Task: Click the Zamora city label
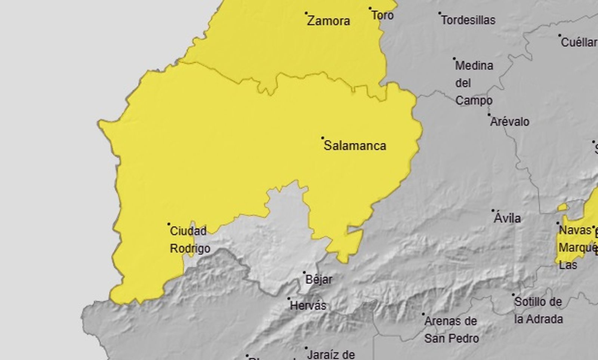tap(329, 21)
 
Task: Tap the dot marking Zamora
tap(306, 13)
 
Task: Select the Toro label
tap(382, 15)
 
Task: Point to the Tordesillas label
tap(468, 20)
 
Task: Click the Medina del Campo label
tap(474, 83)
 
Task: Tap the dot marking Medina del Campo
tap(454, 59)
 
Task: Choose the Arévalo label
tap(510, 121)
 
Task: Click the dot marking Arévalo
tap(489, 115)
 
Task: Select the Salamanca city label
tap(355, 145)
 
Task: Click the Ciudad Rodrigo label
tap(190, 240)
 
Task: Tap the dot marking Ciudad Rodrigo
tap(169, 224)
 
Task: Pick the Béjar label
tap(319, 279)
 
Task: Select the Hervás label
tap(308, 305)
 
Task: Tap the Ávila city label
tap(507, 218)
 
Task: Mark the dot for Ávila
tap(493, 211)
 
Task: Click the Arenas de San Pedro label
tap(451, 330)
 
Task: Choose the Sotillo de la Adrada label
tap(538, 310)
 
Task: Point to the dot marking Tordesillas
tap(440, 13)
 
